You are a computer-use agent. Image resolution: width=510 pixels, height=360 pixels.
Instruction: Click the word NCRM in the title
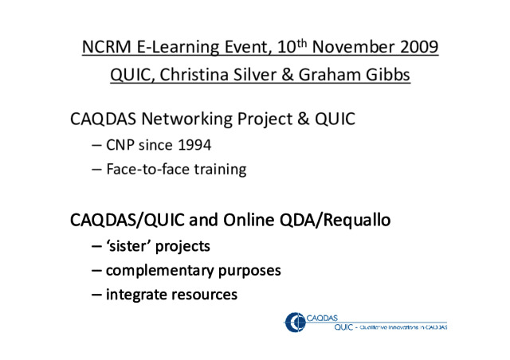106,46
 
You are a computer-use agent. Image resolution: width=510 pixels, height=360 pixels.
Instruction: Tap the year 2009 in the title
419,46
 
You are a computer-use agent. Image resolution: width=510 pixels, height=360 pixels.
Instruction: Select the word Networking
186,119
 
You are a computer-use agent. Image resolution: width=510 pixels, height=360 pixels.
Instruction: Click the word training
220,170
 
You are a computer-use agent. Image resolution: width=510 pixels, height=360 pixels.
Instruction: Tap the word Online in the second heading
249,220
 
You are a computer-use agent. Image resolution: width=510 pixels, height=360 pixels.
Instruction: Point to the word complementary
159,271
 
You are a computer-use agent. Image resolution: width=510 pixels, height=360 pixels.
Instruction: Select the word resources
204,295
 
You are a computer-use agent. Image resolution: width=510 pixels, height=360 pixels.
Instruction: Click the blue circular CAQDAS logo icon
296,323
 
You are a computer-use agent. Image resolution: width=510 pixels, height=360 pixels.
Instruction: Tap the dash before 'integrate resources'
96,295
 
